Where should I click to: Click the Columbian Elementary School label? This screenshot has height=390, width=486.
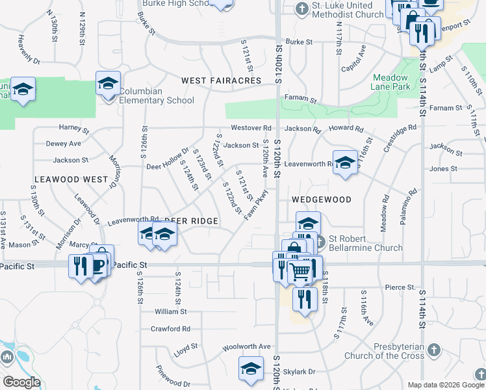(157, 96)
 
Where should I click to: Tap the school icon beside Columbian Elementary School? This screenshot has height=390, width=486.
(108, 84)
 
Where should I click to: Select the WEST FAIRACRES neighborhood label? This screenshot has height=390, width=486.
(221, 81)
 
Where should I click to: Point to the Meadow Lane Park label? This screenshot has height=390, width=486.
(390, 81)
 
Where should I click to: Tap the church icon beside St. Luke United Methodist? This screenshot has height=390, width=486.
(301, 8)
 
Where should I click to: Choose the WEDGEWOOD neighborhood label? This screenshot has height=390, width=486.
(322, 200)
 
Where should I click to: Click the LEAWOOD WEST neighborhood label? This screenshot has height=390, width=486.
(71, 179)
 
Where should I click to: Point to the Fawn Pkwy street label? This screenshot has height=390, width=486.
(257, 204)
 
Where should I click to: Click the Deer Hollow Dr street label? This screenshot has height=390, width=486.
(168, 158)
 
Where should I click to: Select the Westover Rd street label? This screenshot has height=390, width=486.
(251, 128)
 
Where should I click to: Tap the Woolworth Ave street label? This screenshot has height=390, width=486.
(246, 346)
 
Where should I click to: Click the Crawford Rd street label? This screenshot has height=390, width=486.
(170, 329)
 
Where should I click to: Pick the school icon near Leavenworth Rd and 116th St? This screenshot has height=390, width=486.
(345, 163)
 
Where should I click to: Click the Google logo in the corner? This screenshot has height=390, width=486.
(21, 382)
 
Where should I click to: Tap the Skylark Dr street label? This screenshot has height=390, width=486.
(303, 371)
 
